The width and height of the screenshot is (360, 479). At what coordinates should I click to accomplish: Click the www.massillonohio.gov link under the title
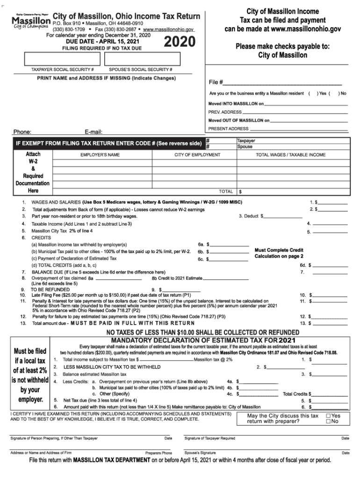click(x=169, y=29)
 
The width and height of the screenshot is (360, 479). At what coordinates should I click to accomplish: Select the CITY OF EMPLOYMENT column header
click(x=197, y=154)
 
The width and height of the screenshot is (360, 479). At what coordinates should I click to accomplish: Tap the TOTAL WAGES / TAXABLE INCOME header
click(x=290, y=154)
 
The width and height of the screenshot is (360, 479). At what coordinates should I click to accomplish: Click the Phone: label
click(x=22, y=132)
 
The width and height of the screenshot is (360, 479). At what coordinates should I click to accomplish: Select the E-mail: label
click(x=94, y=132)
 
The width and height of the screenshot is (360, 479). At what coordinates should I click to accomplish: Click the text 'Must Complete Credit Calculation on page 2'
click(x=279, y=253)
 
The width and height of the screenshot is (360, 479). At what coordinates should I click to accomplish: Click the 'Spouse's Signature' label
click(x=200, y=453)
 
